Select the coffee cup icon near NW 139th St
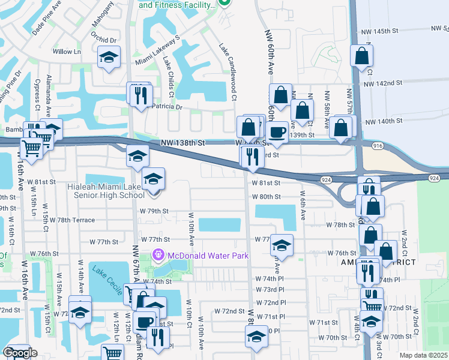[x=277, y=132]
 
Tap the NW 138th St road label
[x=183, y=143]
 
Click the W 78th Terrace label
[x=76, y=220]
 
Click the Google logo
[x=20, y=353]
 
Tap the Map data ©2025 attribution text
[x=423, y=355]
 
